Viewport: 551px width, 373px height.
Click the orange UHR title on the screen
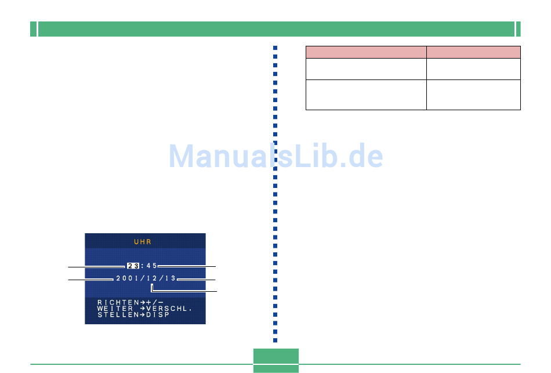pyautogui.click(x=143, y=242)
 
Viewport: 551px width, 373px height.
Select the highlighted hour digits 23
pyautogui.click(x=133, y=266)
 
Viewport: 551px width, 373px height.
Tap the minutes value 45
pyautogui.click(x=152, y=266)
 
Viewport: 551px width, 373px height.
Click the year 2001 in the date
pyautogui.click(x=127, y=278)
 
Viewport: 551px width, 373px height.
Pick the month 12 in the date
pyautogui.click(x=152, y=278)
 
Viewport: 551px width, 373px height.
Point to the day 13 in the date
pyautogui.click(x=171, y=278)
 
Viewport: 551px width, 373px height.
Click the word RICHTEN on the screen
pyautogui.click(x=118, y=302)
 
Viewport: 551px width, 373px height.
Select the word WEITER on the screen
pyautogui.click(x=115, y=308)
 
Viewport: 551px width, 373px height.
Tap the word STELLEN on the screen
pyautogui.click(x=118, y=314)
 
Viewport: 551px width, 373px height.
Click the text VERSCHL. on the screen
pyautogui.click(x=169, y=309)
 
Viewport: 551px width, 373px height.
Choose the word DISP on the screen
pyautogui.click(x=158, y=314)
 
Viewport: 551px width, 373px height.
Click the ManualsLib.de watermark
pyautogui.click(x=276, y=155)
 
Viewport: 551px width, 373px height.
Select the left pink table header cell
pyautogui.click(x=366, y=52)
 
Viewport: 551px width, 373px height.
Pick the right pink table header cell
pyautogui.click(x=473, y=52)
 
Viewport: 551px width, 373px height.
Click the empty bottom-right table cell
pyautogui.click(x=473, y=95)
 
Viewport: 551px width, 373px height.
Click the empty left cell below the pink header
pyautogui.click(x=366, y=69)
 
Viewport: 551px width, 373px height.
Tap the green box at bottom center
pyautogui.click(x=276, y=360)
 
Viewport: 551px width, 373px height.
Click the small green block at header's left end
pyautogui.click(x=34, y=29)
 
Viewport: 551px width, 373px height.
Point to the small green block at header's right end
pyautogui.click(x=519, y=29)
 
